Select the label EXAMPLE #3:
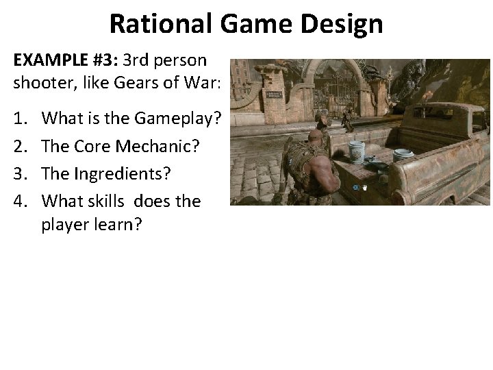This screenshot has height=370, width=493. click(x=65, y=60)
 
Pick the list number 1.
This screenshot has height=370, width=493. click(x=18, y=119)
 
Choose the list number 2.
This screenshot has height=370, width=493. click(x=18, y=146)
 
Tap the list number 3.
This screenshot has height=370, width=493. click(x=18, y=173)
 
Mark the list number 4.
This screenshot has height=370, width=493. click(x=18, y=201)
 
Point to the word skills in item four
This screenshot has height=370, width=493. click(x=109, y=201)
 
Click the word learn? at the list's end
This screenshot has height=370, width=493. click(x=122, y=225)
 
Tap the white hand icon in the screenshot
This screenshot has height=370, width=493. click(x=366, y=186)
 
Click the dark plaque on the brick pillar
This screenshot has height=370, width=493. click(x=275, y=95)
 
